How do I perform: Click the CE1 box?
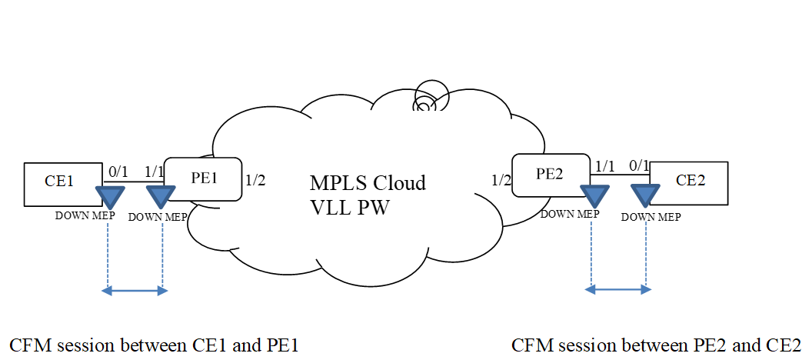point(62,182)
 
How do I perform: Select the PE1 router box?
point(203,179)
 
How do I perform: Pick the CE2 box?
point(689,182)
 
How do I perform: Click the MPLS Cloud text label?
point(368,183)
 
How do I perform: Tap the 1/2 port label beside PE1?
point(255,182)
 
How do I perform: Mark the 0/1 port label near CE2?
point(639,165)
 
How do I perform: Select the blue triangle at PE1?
point(160,198)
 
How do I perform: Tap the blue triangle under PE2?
point(591,195)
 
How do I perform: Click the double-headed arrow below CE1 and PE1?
point(135,291)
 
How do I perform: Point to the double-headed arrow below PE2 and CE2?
point(618,290)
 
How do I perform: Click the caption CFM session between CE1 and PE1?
point(153,345)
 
